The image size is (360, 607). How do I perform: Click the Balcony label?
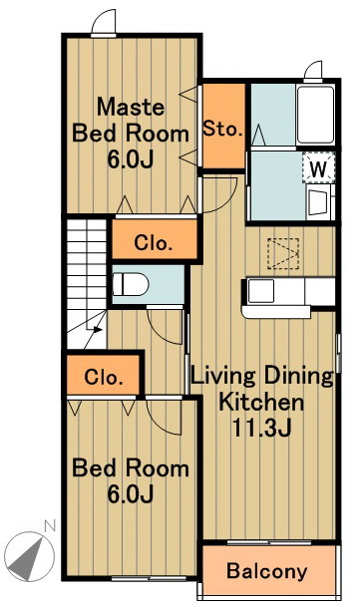266,571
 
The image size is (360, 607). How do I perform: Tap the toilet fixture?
131,284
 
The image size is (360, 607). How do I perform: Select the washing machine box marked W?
318,167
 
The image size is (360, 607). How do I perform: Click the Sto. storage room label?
223,129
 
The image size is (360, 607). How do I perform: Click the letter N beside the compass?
50,525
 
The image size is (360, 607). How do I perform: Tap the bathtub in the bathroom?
315,115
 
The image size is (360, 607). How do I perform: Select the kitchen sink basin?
261,291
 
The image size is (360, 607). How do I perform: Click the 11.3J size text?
261,427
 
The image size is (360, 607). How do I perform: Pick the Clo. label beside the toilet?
153,243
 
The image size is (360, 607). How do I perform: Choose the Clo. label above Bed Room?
104,377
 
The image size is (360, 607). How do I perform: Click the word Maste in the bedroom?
131,107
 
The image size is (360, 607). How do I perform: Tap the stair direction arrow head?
97,330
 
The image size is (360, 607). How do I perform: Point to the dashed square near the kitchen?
283,253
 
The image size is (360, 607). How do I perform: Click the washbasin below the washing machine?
318,201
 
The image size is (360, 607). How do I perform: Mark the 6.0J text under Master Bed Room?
131,159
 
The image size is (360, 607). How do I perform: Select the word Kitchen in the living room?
261,402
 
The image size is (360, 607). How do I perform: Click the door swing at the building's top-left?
104,23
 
